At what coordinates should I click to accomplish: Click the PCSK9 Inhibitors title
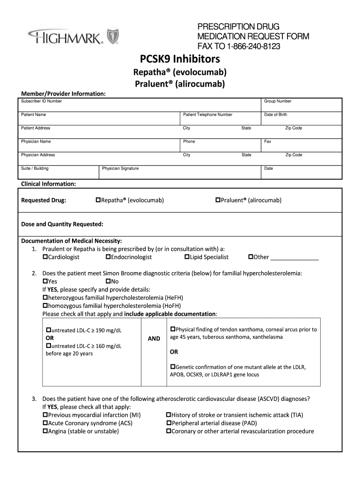pyautogui.click(x=180, y=59)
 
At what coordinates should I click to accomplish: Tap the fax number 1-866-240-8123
pyautogui.click(x=254, y=46)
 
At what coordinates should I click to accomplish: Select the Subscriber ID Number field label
pyautogui.click(x=41, y=101)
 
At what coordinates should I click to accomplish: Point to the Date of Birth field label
pyautogui.click(x=275, y=115)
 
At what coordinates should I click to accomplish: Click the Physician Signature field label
pyautogui.click(x=120, y=168)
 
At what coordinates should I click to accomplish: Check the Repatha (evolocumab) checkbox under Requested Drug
pyautogui.click(x=98, y=200)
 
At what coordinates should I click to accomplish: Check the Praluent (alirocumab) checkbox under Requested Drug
pyautogui.click(x=217, y=200)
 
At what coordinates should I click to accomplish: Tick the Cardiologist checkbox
pyautogui.click(x=45, y=257)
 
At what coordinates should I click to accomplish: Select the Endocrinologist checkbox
pyautogui.click(x=108, y=257)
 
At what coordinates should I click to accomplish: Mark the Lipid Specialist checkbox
pyautogui.click(x=187, y=257)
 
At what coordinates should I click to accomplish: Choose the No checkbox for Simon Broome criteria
pyautogui.click(x=108, y=281)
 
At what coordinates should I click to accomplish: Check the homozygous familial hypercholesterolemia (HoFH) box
pyautogui.click(x=45, y=305)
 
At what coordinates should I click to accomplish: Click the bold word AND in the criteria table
pyautogui.click(x=154, y=338)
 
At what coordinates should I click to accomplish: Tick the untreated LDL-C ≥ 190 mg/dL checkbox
pyautogui.click(x=48, y=330)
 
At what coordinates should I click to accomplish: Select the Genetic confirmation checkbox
pyautogui.click(x=173, y=367)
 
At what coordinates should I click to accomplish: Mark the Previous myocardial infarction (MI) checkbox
pyautogui.click(x=45, y=415)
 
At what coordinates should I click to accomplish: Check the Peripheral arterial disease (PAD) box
pyautogui.click(x=169, y=423)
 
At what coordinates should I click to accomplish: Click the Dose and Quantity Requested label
pyautogui.click(x=62, y=224)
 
